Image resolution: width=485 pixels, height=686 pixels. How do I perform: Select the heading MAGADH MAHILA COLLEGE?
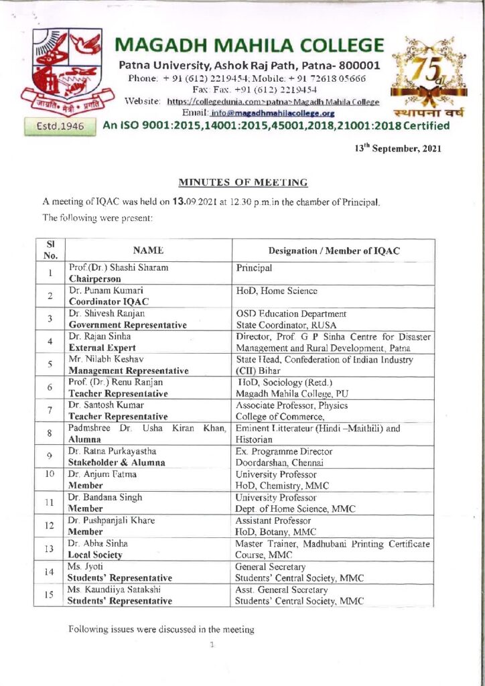click(x=250, y=46)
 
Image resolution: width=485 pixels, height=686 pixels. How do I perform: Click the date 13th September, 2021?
click(x=398, y=149)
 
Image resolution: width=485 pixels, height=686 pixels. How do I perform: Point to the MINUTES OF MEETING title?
click(x=242, y=182)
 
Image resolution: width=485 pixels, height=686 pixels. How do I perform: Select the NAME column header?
click(x=148, y=249)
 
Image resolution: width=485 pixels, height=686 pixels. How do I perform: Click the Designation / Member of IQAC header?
click(x=333, y=249)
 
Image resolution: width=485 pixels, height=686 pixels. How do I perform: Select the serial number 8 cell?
click(x=50, y=434)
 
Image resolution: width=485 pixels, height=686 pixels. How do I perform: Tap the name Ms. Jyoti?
click(x=84, y=566)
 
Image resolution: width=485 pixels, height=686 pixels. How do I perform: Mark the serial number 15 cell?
click(x=50, y=595)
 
